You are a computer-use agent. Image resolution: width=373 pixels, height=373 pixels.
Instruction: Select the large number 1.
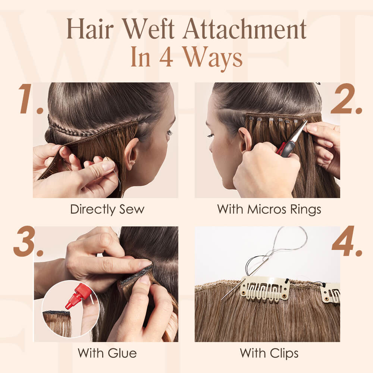point(31,99)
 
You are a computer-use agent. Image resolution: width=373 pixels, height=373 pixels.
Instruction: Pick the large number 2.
point(347,99)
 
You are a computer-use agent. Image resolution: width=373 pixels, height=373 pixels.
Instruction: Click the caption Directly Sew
point(107,209)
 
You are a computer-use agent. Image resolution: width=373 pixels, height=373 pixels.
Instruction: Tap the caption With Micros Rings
point(269,209)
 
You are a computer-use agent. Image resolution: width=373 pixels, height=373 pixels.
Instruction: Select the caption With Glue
point(107,352)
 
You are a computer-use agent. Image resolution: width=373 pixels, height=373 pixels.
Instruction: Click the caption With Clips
point(269,352)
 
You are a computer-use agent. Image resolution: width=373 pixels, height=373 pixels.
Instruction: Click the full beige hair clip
point(264,289)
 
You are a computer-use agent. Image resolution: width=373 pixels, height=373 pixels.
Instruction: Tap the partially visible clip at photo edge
point(331,292)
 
